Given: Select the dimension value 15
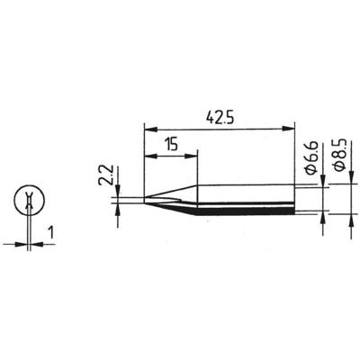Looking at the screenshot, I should [170, 144].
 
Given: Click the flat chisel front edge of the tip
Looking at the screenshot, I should [144, 201].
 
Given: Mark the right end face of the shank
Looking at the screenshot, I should [295, 201].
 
